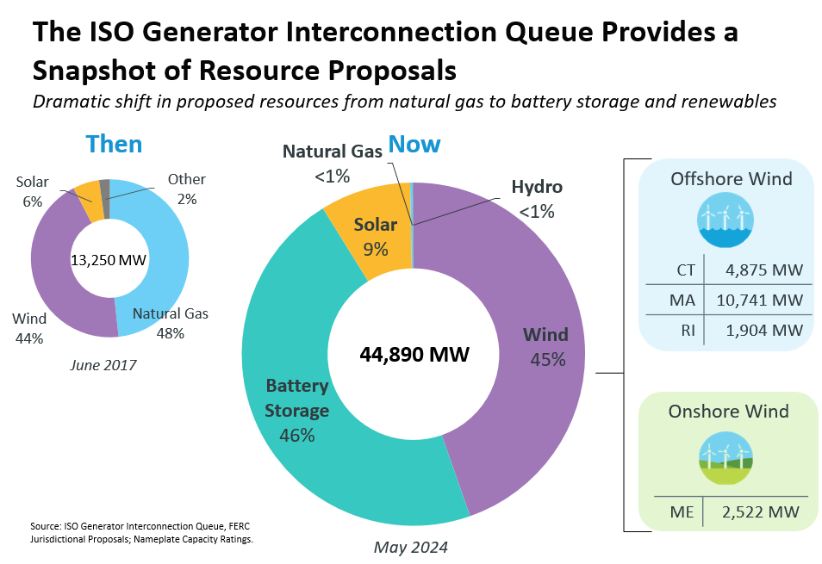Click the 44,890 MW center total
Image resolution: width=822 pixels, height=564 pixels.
click(x=414, y=354)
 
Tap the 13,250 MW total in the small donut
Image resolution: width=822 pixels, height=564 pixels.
click(x=106, y=260)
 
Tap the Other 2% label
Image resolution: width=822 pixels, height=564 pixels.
click(x=186, y=189)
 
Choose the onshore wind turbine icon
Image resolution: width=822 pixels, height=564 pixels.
click(x=725, y=456)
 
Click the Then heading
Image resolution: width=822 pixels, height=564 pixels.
click(x=114, y=144)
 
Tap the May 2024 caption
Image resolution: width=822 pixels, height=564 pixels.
click(x=411, y=547)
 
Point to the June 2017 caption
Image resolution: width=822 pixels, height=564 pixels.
click(x=104, y=364)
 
